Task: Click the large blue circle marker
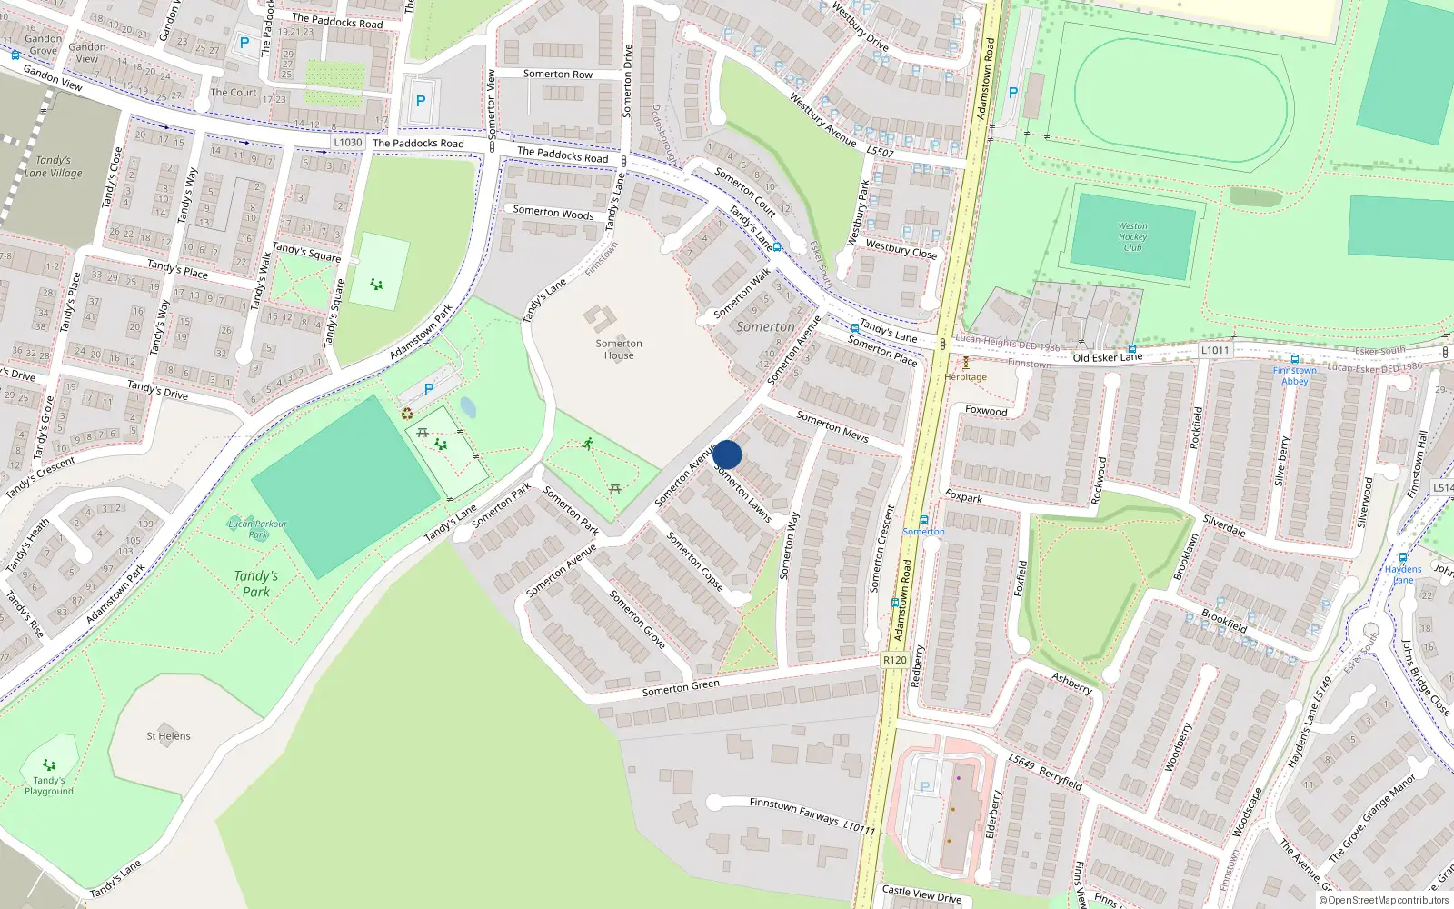[x=727, y=454]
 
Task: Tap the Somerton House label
[x=619, y=349]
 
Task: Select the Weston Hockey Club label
[x=1132, y=236]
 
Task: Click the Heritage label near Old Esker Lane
[x=965, y=376]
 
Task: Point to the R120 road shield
[x=894, y=660]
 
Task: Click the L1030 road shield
[x=347, y=143]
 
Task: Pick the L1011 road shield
[x=1215, y=350]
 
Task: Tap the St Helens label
[x=168, y=736]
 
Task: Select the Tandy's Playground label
[x=49, y=785]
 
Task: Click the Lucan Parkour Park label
[x=257, y=528]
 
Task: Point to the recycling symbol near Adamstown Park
[x=407, y=414]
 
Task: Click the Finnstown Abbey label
[x=1294, y=375]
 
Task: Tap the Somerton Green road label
[x=681, y=688]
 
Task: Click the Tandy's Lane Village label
[x=53, y=166]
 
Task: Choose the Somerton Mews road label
[x=832, y=426]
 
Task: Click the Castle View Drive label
[x=921, y=894]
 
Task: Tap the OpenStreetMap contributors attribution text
[x=1383, y=901]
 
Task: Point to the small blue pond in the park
[x=468, y=406]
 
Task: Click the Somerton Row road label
[x=557, y=75]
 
